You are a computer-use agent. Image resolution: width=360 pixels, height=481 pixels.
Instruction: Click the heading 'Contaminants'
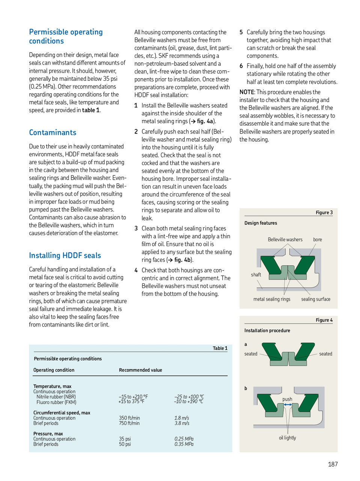tap(53, 133)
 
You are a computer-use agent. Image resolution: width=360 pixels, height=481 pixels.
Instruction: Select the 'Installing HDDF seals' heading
tap(65, 256)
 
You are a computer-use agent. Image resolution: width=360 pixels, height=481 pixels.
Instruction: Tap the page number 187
tap(333, 464)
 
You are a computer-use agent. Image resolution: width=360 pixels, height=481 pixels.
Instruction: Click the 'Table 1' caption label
tap(220, 348)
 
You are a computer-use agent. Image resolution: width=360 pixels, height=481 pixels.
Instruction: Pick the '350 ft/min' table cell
tap(130, 418)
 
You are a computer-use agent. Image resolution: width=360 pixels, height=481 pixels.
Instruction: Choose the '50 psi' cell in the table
tap(125, 444)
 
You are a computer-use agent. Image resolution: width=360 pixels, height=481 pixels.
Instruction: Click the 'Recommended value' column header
tap(140, 370)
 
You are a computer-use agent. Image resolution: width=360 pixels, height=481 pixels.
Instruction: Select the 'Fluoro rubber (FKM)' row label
tap(56, 402)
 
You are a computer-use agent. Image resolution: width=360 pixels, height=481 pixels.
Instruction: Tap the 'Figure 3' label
tap(324, 213)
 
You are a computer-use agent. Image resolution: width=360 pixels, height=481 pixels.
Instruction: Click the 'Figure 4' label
tap(324, 320)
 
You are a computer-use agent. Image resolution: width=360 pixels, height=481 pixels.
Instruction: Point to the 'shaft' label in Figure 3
tap(256, 275)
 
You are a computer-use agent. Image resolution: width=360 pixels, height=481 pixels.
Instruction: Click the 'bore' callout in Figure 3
tap(318, 240)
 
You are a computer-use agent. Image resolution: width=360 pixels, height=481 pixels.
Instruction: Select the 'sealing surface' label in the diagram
tap(316, 299)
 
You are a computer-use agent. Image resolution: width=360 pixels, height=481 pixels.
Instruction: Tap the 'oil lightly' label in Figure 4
tap(287, 438)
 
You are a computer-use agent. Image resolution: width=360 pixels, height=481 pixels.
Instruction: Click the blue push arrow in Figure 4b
tap(288, 405)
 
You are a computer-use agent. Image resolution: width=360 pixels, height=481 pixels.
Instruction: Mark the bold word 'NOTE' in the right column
tap(247, 92)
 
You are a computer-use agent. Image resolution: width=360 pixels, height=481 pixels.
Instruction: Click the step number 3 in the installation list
tap(136, 228)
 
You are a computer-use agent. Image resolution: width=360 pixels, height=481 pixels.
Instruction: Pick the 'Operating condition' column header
tap(54, 370)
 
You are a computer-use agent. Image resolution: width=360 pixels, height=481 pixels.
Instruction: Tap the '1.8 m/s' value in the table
tap(182, 418)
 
